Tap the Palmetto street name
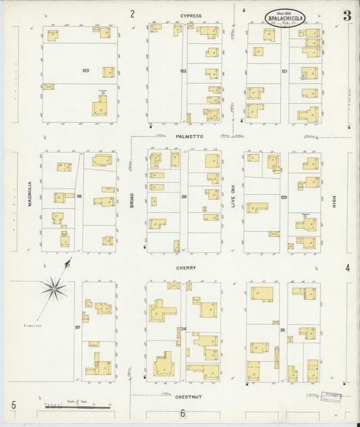coord(189,136)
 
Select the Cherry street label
coord(186,268)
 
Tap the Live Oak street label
coord(233,195)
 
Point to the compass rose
coord(54,290)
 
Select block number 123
coord(85,70)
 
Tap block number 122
coord(183,70)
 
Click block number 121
coord(284,70)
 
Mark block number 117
coord(78,328)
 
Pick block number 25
coord(283,329)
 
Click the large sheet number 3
coord(346,16)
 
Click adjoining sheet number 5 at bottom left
coord(13,406)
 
